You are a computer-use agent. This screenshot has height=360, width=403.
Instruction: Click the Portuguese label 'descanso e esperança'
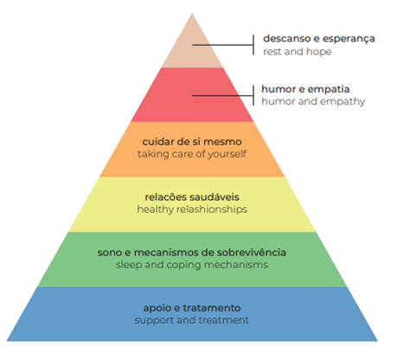(319, 39)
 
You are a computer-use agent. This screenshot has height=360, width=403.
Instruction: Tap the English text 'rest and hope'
(297, 52)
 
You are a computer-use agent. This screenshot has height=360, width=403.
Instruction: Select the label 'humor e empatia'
(305, 89)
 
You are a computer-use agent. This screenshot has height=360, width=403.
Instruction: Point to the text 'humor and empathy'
(313, 101)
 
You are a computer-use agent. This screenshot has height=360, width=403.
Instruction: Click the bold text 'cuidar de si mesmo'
(192, 142)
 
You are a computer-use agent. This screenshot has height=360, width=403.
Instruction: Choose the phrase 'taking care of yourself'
(192, 154)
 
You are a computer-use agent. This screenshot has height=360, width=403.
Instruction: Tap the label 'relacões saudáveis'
(192, 197)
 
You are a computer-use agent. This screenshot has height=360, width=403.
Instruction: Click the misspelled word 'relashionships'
(212, 209)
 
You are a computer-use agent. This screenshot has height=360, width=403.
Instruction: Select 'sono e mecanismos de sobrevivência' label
(192, 253)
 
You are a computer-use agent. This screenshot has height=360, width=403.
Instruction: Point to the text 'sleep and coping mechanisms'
(192, 265)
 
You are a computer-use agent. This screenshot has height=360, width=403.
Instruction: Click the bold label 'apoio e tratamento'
(192, 308)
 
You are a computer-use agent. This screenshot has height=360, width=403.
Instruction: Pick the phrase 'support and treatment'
(192, 320)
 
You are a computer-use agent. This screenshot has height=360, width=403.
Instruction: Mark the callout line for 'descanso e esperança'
(223, 45)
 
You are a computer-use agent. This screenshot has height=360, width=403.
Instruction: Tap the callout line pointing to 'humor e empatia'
(223, 95)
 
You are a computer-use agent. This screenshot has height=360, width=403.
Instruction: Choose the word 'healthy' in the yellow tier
(156, 209)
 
